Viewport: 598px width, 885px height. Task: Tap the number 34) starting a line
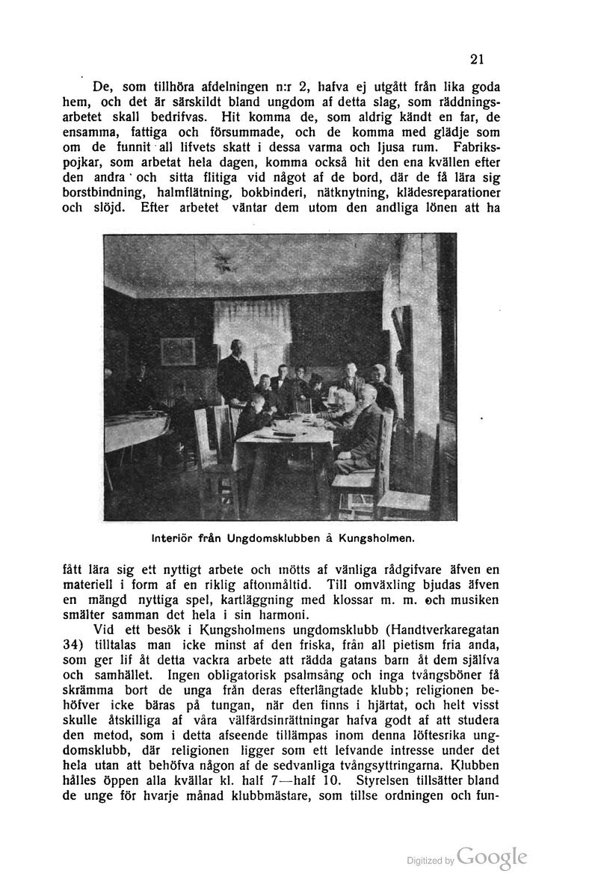pyautogui.click(x=72, y=644)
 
